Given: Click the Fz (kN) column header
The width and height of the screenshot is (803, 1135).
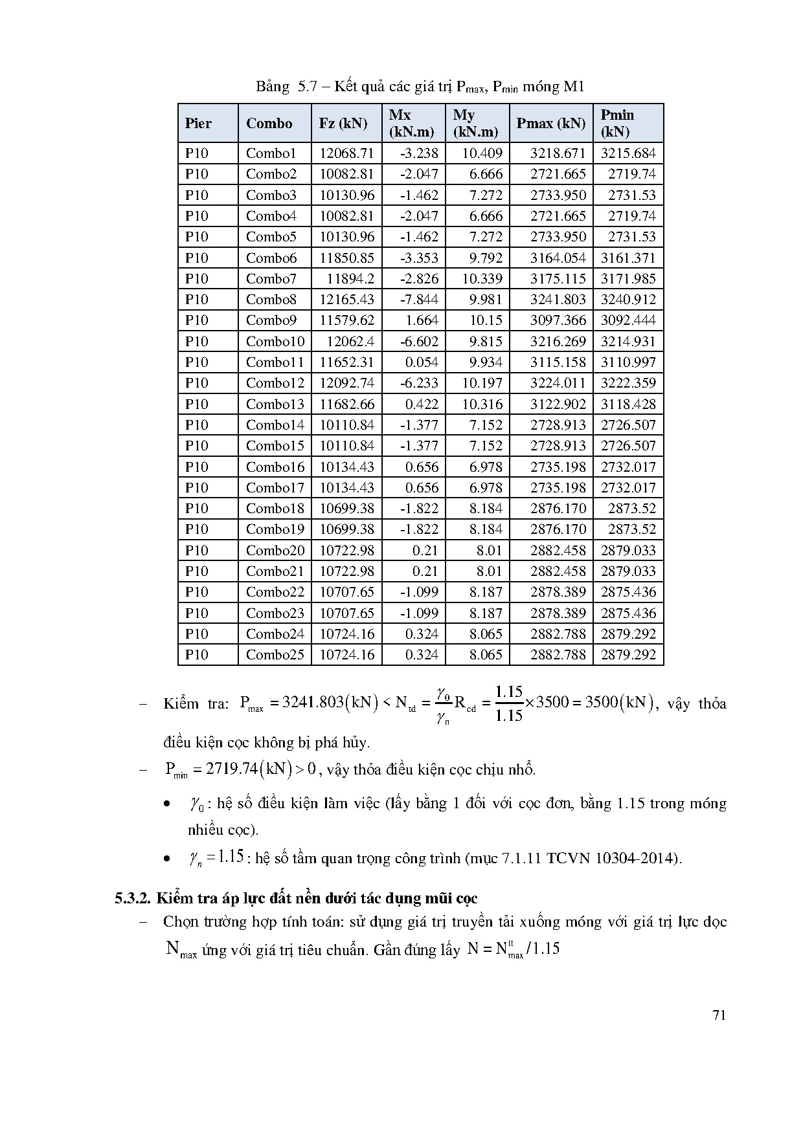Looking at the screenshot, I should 343,124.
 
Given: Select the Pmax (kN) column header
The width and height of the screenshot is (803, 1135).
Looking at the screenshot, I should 550,124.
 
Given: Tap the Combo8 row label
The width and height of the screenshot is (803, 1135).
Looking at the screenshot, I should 271,300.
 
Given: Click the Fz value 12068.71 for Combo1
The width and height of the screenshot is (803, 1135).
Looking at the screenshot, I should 346,153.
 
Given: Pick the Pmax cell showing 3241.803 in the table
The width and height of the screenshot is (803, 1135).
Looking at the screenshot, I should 558,300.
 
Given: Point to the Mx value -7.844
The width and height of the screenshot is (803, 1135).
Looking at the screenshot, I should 419,300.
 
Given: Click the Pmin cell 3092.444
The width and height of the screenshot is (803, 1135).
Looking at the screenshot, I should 628,320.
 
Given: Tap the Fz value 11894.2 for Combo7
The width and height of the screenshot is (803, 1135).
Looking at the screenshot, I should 350,279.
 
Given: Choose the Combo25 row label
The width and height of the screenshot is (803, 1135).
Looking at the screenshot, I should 275,655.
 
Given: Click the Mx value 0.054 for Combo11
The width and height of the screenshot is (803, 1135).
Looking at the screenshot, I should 422,362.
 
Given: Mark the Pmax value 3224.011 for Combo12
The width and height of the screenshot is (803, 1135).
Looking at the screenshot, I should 558,383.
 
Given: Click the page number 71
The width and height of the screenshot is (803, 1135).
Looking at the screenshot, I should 719,1015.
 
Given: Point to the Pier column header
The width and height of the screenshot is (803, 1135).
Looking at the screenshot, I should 198,124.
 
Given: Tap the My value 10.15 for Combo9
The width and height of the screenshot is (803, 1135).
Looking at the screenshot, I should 486,320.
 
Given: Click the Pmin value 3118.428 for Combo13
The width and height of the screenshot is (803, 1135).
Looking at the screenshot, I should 628,404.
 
